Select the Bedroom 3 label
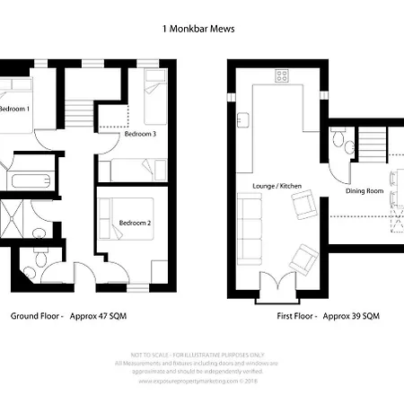coord(141,134)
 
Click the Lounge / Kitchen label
coord(277,185)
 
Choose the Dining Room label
coord(364,190)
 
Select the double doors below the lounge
coord(277,285)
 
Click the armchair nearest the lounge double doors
coord(303,260)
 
